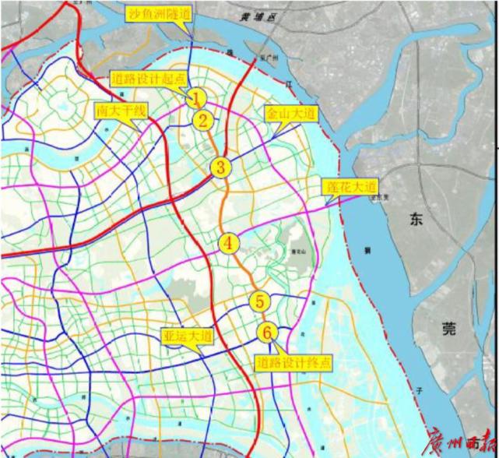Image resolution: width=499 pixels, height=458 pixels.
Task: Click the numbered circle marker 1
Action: click(197, 98)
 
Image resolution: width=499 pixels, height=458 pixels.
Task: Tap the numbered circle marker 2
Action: click(203, 121)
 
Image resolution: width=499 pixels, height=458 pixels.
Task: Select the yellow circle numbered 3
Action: click(221, 166)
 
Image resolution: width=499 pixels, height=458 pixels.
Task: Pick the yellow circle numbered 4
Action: click(228, 243)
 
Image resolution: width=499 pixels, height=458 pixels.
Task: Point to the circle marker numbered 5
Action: click(260, 301)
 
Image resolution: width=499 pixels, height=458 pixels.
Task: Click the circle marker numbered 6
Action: click(267, 333)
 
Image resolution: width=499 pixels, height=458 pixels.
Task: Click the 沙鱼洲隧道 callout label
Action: click(160, 14)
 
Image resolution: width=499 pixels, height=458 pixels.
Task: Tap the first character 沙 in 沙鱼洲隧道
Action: click(133, 14)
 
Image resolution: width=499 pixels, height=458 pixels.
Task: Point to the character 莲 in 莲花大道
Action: click(330, 187)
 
